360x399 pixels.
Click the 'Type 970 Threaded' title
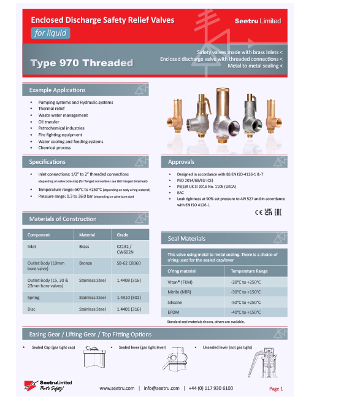point(82,63)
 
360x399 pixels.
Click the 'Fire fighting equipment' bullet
point(60,134)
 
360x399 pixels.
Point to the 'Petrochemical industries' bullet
point(61,128)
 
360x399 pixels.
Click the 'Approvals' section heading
point(182,162)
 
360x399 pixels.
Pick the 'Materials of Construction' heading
point(63,219)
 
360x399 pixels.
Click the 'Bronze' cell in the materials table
point(86,263)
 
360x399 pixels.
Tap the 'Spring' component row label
point(34,297)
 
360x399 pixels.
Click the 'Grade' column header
point(122,234)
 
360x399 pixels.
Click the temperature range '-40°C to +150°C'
point(246,312)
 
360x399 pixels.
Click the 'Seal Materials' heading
point(186,238)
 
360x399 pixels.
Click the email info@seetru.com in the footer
point(162,388)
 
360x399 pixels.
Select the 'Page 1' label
point(276,389)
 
